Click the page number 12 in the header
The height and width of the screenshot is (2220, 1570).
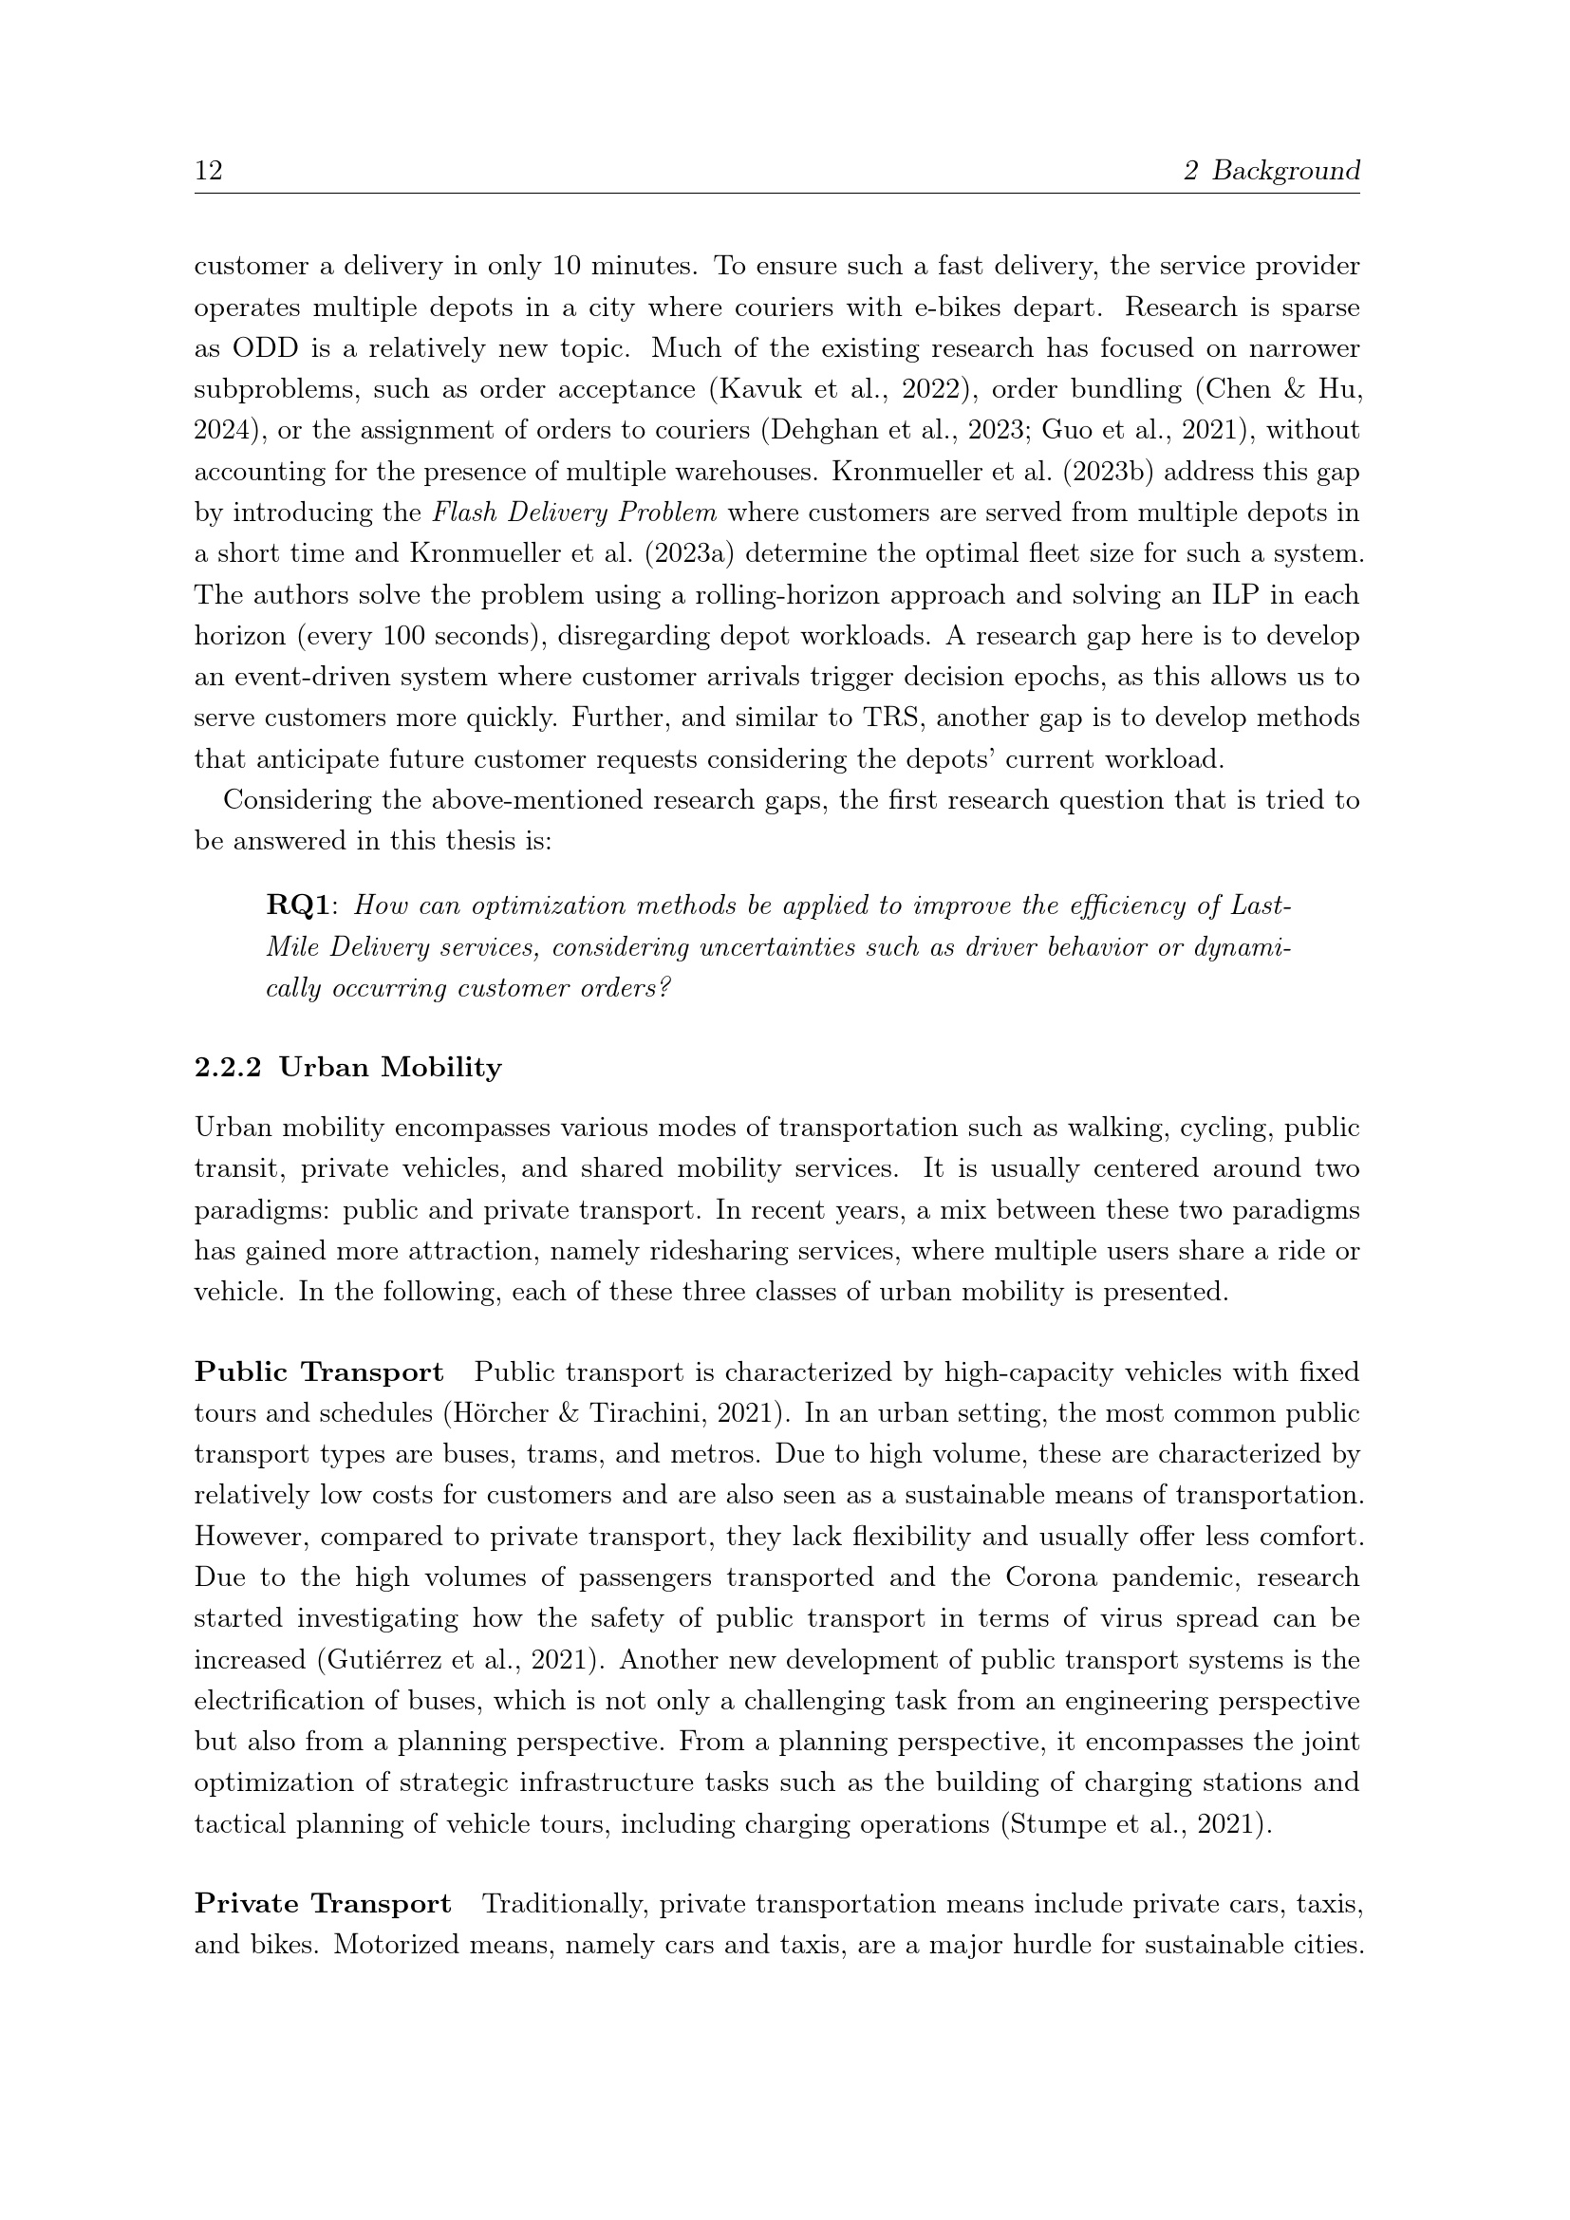coord(209,171)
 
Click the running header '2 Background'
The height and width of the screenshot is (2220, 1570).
coord(1271,171)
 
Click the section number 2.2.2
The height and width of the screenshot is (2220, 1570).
coord(228,1068)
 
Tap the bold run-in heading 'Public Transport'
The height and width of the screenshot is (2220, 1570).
coord(319,1372)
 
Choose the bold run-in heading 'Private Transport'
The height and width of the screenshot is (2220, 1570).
coord(323,1904)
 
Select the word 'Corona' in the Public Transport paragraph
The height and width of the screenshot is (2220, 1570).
coord(1051,1578)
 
